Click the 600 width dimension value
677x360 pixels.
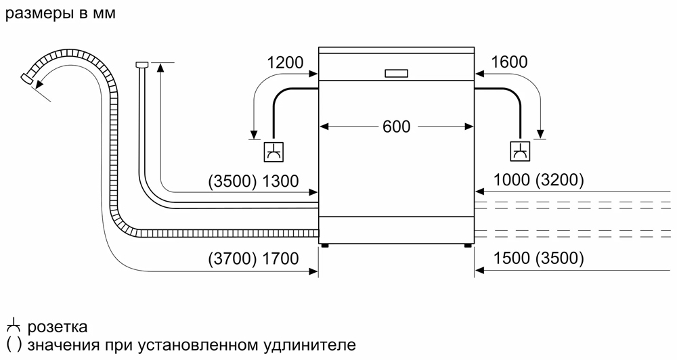point(396,127)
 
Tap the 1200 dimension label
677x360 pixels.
point(285,63)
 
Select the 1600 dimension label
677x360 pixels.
point(509,63)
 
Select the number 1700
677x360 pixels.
point(279,258)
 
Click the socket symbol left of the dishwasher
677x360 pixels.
point(274,152)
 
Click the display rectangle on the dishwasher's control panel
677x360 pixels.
point(396,73)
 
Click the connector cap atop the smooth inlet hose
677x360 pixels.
point(142,64)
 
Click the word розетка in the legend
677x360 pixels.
point(58,328)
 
